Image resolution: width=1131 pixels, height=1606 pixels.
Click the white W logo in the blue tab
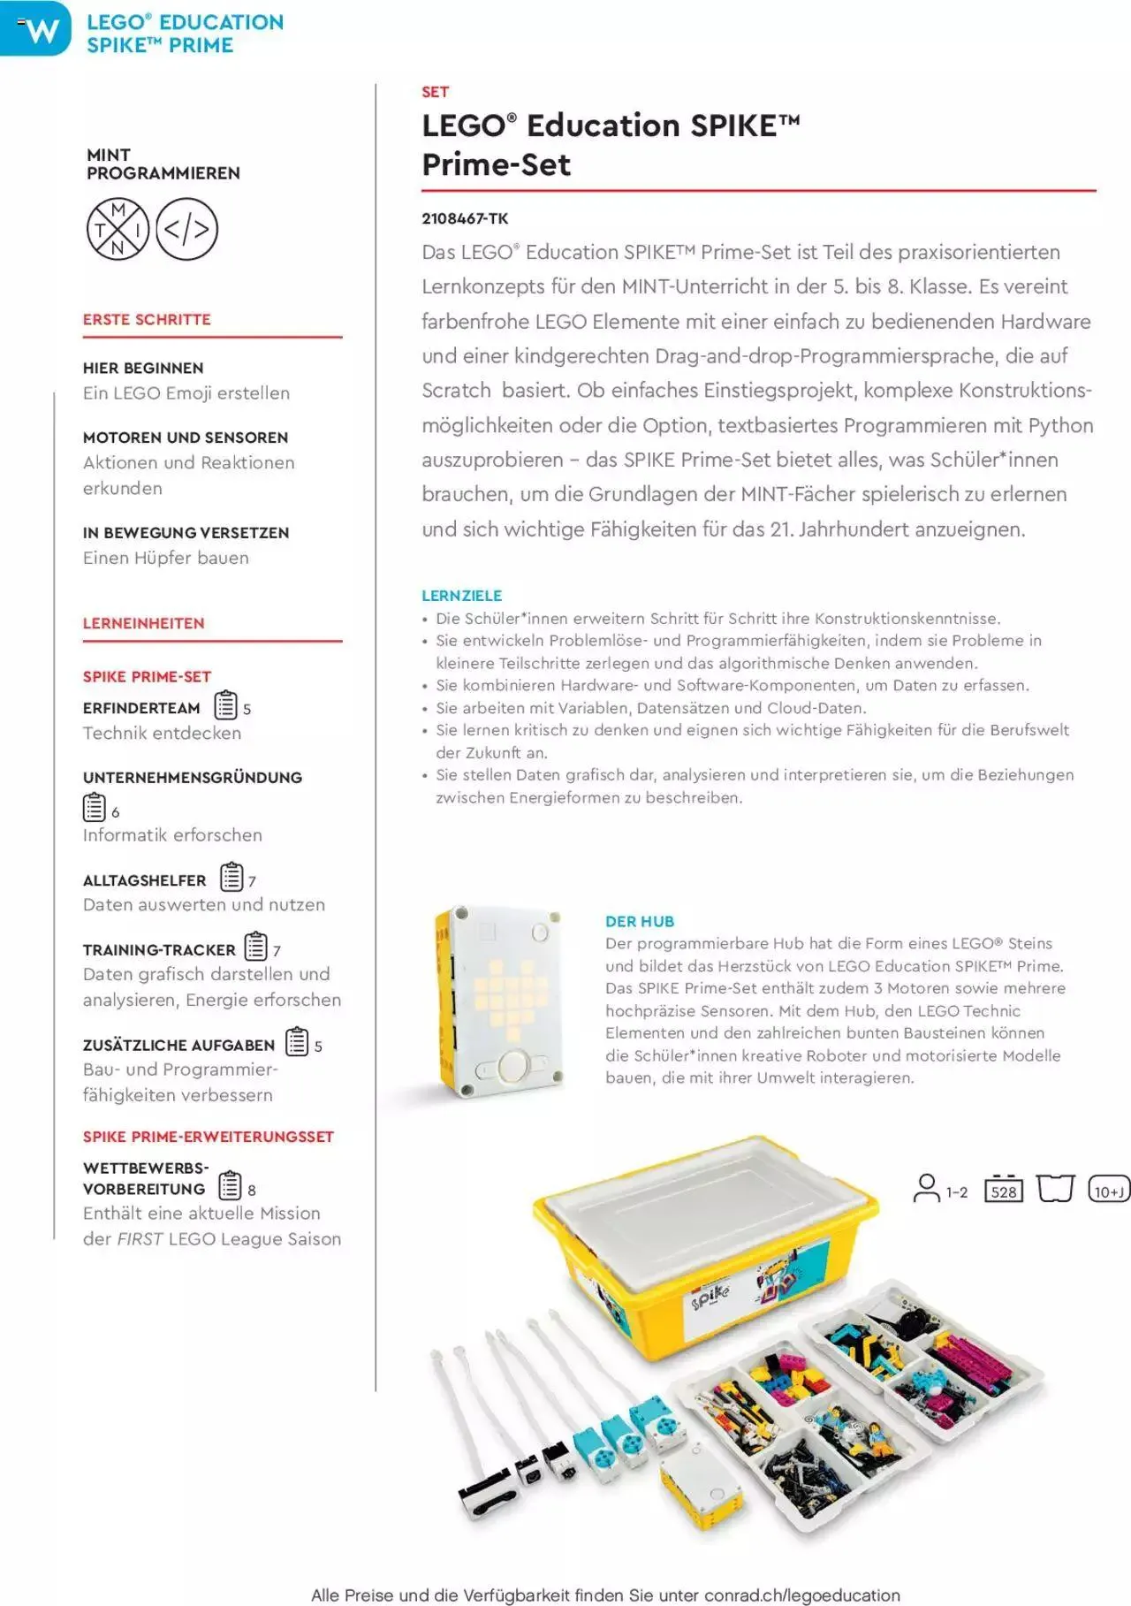click(41, 30)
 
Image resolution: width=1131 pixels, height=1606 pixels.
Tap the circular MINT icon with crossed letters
click(118, 230)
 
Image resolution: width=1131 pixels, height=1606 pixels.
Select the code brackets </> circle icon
click(186, 230)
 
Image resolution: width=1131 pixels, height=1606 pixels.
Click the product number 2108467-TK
click(465, 218)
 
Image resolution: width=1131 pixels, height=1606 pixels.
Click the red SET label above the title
click(435, 92)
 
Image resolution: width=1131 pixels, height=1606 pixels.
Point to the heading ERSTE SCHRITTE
click(147, 319)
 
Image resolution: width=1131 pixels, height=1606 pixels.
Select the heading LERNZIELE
click(461, 596)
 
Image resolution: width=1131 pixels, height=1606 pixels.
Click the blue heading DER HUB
click(639, 921)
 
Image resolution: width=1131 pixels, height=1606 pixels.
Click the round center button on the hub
click(514, 1066)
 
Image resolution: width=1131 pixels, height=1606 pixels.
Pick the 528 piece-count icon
click(1003, 1190)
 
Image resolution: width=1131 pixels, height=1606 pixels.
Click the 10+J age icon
click(1108, 1190)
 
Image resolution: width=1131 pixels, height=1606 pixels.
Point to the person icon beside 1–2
click(926, 1188)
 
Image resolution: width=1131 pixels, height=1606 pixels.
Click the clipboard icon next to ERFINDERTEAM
click(226, 705)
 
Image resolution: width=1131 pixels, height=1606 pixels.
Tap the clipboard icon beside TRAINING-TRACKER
click(255, 947)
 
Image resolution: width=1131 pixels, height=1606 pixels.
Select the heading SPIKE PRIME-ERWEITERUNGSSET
click(209, 1137)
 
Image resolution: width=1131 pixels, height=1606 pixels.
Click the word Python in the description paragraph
click(1060, 425)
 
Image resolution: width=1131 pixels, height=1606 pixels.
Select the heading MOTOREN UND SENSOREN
click(186, 438)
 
